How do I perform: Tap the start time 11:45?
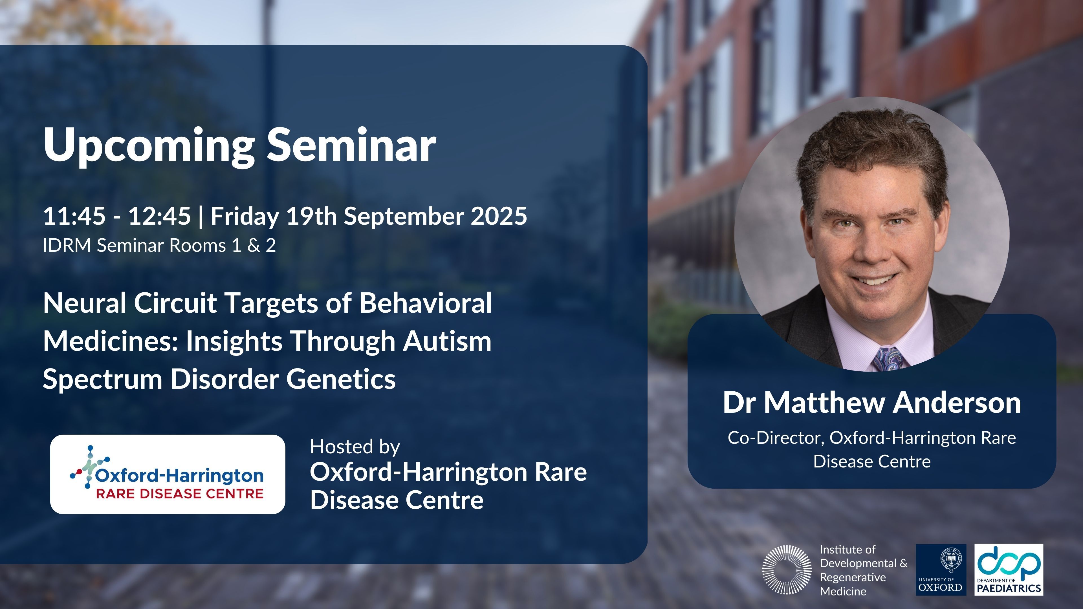pyautogui.click(x=74, y=216)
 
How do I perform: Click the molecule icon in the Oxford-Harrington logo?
pyautogui.click(x=89, y=467)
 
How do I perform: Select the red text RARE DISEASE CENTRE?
pyautogui.click(x=180, y=493)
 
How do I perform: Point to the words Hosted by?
pyautogui.click(x=355, y=447)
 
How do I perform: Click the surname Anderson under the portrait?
pyautogui.click(x=956, y=403)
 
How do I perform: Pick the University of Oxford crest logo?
pyautogui.click(x=941, y=570)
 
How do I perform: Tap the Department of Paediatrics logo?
pyautogui.click(x=1009, y=570)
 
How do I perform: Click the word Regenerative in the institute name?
pyautogui.click(x=853, y=577)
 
